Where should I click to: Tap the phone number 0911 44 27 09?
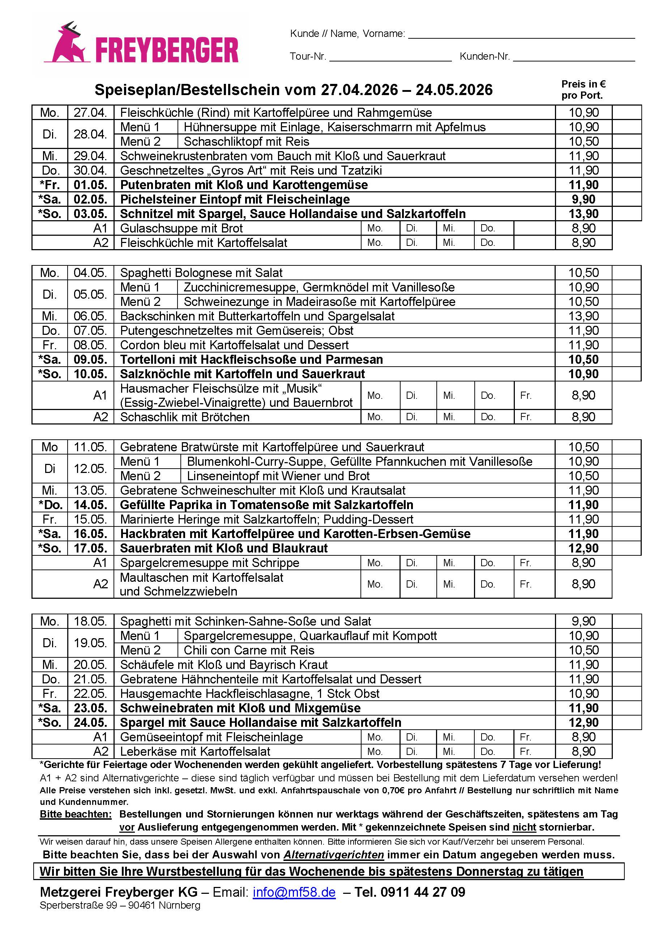[423, 892]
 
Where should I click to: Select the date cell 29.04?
[90, 156]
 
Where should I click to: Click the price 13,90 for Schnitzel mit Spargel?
[583, 214]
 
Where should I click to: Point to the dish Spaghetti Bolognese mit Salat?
[201, 273]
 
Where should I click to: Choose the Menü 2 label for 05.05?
[140, 302]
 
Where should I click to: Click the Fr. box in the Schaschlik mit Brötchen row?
[534, 417]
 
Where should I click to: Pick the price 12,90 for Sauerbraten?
[583, 548]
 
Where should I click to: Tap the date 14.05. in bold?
[90, 505]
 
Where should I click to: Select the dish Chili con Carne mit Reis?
[249, 650]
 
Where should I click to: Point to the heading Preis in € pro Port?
[583, 90]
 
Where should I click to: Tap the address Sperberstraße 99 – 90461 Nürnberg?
[120, 905]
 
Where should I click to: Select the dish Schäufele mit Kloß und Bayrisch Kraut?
[224, 665]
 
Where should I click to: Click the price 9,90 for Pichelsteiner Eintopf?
[583, 199]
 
